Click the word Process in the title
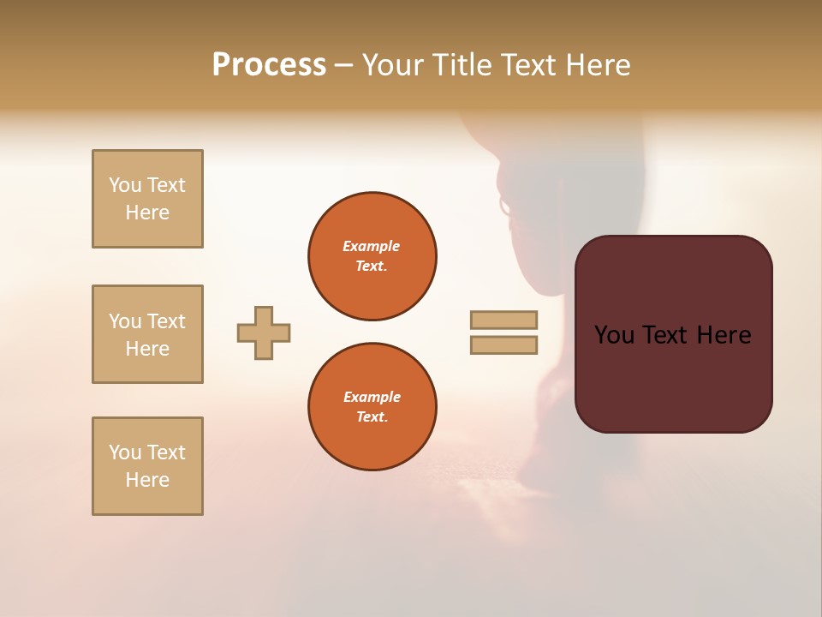tap(269, 65)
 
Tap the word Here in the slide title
tap(597, 65)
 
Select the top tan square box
tap(147, 199)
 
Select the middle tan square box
tap(147, 334)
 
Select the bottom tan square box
tap(147, 466)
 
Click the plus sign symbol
tap(264, 332)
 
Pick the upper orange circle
tap(372, 256)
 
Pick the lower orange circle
tap(372, 407)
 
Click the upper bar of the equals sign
tap(503, 320)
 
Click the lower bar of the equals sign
tap(503, 345)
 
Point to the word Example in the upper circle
tap(372, 246)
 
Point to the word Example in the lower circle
tap(372, 397)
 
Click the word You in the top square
tap(124, 185)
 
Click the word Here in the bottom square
tap(147, 480)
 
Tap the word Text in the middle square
tap(166, 321)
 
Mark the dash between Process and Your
tap(344, 65)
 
